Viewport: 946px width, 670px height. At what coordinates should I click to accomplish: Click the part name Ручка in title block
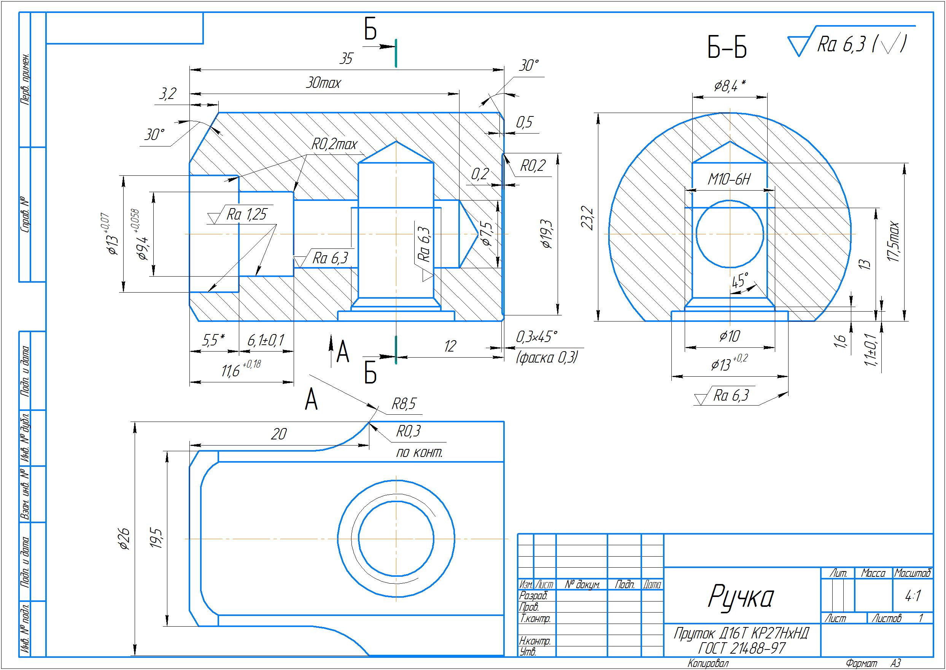(x=741, y=597)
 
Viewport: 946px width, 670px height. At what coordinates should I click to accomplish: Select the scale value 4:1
(x=913, y=596)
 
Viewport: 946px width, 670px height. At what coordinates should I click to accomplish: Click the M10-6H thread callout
(x=729, y=180)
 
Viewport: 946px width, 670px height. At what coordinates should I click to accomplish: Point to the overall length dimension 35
(x=346, y=59)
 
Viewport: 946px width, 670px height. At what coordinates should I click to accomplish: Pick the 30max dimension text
(x=323, y=84)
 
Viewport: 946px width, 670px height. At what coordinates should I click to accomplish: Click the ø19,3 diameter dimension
(x=547, y=234)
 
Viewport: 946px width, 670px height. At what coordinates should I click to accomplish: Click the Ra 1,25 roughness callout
(x=246, y=215)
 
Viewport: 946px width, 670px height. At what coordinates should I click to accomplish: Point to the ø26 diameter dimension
(x=124, y=539)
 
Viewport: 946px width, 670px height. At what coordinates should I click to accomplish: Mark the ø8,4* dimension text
(x=730, y=86)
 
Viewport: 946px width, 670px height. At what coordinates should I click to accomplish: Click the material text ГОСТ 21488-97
(x=741, y=649)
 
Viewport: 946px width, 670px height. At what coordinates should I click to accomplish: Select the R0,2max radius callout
(x=334, y=145)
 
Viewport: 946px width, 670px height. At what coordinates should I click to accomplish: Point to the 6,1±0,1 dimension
(x=266, y=341)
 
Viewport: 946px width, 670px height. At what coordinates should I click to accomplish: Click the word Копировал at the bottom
(x=708, y=664)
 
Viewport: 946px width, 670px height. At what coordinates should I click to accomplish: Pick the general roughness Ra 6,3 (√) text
(x=861, y=45)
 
